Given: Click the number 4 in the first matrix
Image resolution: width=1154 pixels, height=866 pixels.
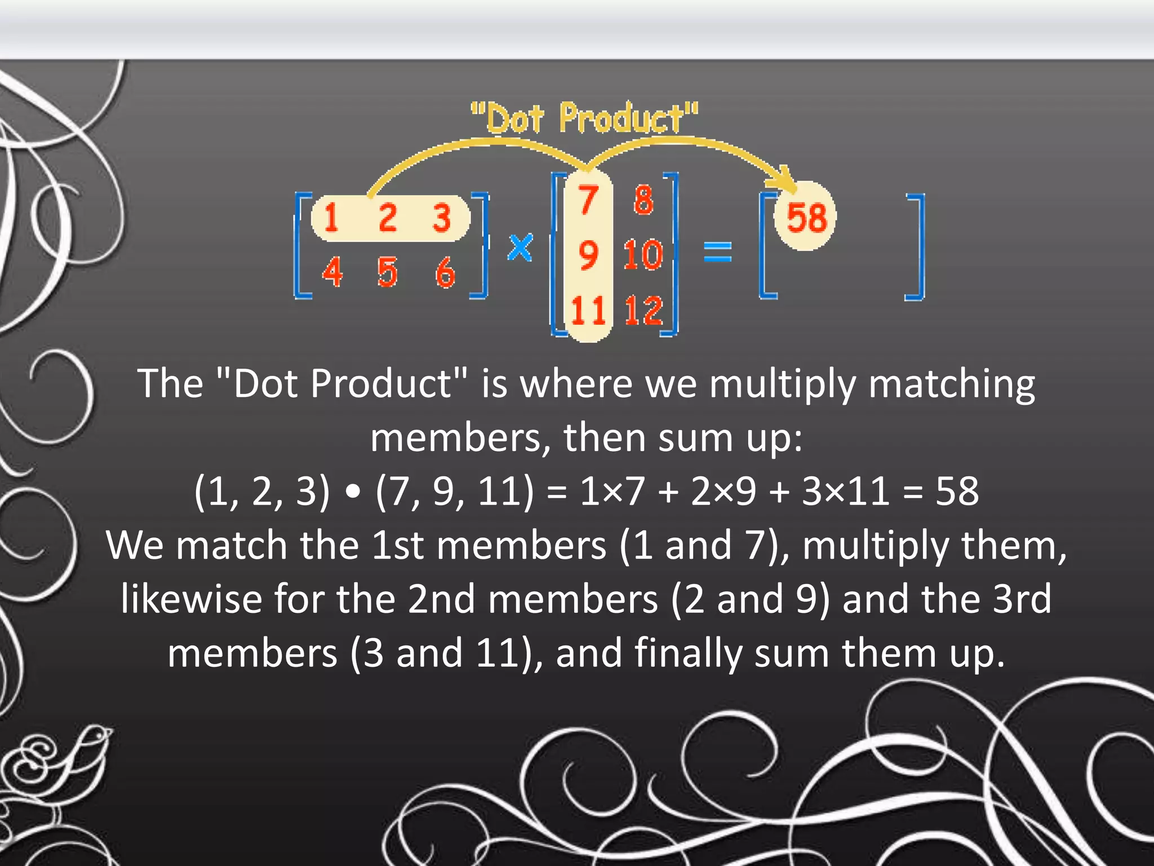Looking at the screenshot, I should [x=332, y=272].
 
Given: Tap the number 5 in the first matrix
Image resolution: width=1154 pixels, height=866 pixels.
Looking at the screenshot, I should [x=387, y=272].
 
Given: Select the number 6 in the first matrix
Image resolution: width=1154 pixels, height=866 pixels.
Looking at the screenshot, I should [x=445, y=272].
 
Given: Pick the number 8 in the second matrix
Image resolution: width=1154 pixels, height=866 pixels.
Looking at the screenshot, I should [x=643, y=201].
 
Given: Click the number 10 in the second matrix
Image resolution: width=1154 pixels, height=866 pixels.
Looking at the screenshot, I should [x=643, y=255].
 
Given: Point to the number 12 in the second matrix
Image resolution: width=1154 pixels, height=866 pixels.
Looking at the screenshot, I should [x=643, y=310].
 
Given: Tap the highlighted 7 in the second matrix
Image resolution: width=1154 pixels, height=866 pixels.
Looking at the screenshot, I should [x=588, y=201].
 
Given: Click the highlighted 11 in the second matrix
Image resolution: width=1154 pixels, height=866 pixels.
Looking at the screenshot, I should [x=588, y=310].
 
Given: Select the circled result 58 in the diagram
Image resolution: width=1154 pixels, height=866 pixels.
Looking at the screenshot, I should [x=806, y=218].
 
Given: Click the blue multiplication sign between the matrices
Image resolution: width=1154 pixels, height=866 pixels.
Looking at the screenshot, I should [x=520, y=248].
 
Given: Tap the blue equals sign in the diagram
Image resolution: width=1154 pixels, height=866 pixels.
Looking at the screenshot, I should [x=718, y=251].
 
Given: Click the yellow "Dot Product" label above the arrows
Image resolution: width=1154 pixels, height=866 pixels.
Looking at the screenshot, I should [x=584, y=118].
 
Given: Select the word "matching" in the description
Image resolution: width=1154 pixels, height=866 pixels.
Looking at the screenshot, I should [x=952, y=385].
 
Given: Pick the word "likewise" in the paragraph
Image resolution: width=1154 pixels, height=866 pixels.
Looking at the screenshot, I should [x=191, y=599].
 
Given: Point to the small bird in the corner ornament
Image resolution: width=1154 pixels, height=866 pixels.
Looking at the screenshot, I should [x=85, y=755].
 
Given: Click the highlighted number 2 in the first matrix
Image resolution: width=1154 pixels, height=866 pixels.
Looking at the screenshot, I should [x=387, y=218].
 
